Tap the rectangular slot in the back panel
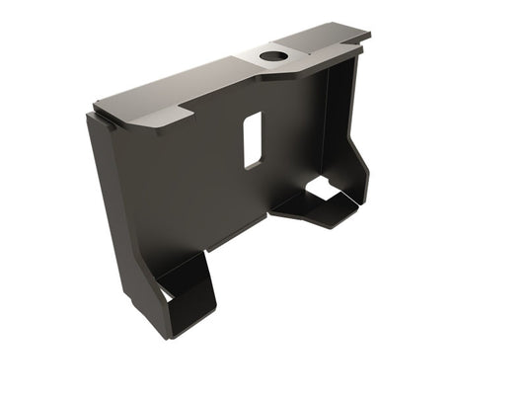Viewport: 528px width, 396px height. [253, 138]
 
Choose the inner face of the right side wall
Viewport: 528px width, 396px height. [340, 119]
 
